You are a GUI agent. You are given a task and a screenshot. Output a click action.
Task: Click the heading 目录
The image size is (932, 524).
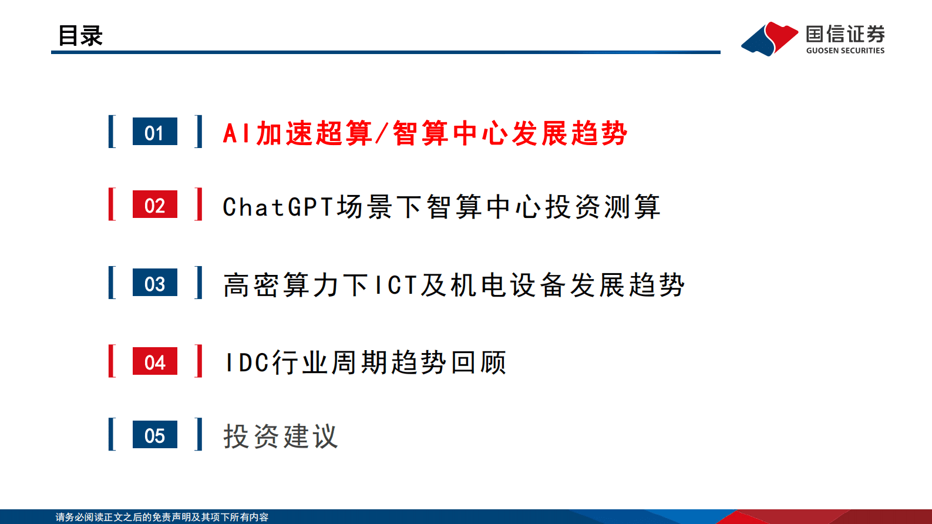coord(80,36)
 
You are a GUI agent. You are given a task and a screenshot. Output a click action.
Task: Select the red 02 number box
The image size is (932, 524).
coord(155,204)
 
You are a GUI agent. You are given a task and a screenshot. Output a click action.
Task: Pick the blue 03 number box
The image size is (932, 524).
coord(155,283)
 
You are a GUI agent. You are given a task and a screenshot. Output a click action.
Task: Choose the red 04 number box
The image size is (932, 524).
coord(155,361)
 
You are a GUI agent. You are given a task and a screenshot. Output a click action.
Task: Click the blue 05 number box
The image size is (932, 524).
coord(155,435)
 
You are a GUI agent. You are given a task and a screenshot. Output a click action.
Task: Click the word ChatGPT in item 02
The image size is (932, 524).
coord(278,207)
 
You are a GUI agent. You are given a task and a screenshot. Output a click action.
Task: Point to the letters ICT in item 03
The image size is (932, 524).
coord(396,285)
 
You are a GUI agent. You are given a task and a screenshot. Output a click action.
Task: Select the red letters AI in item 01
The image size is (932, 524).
coord(237,133)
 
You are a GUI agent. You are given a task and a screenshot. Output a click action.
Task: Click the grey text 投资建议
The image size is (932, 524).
coord(281,436)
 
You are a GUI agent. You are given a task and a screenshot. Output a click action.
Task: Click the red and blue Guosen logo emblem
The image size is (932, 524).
coord(769,39)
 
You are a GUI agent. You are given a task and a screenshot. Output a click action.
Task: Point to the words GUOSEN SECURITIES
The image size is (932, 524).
coord(845,51)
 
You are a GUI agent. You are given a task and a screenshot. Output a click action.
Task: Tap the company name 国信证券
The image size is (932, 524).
coord(845,33)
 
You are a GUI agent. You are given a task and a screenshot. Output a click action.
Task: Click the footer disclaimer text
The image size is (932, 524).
coord(162,517)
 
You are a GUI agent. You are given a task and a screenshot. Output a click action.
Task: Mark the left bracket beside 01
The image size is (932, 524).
coord(112,132)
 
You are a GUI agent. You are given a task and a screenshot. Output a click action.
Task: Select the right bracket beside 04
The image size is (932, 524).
coord(199,361)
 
